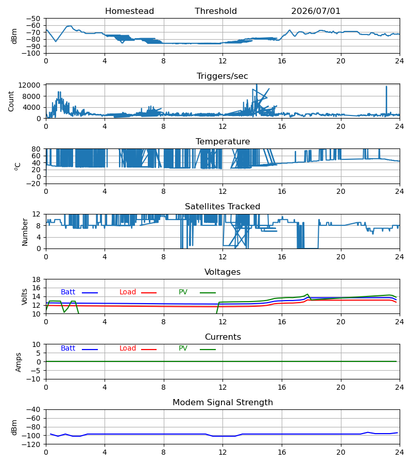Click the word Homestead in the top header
click(x=129, y=11)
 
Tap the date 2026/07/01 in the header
click(x=316, y=11)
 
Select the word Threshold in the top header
click(x=216, y=11)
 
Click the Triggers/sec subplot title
click(x=222, y=76)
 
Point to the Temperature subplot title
click(x=222, y=141)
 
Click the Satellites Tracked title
click(x=222, y=207)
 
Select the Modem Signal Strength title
click(x=222, y=403)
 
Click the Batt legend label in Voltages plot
click(x=68, y=292)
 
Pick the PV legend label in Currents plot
click(x=183, y=349)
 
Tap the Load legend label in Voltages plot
click(x=128, y=292)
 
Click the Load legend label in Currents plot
click(x=128, y=349)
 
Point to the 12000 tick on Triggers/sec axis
click(x=29, y=85)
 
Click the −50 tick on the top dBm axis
click(x=33, y=19)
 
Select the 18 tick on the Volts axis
click(x=36, y=279)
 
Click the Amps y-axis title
click(x=19, y=362)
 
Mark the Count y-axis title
click(x=11, y=101)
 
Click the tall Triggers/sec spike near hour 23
click(x=386, y=101)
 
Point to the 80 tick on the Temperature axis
click(x=36, y=149)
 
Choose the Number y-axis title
click(x=25, y=232)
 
